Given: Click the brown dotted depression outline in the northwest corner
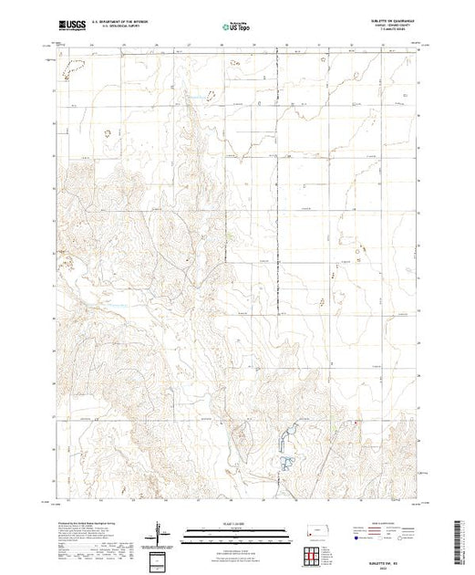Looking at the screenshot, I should pos(69,66).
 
